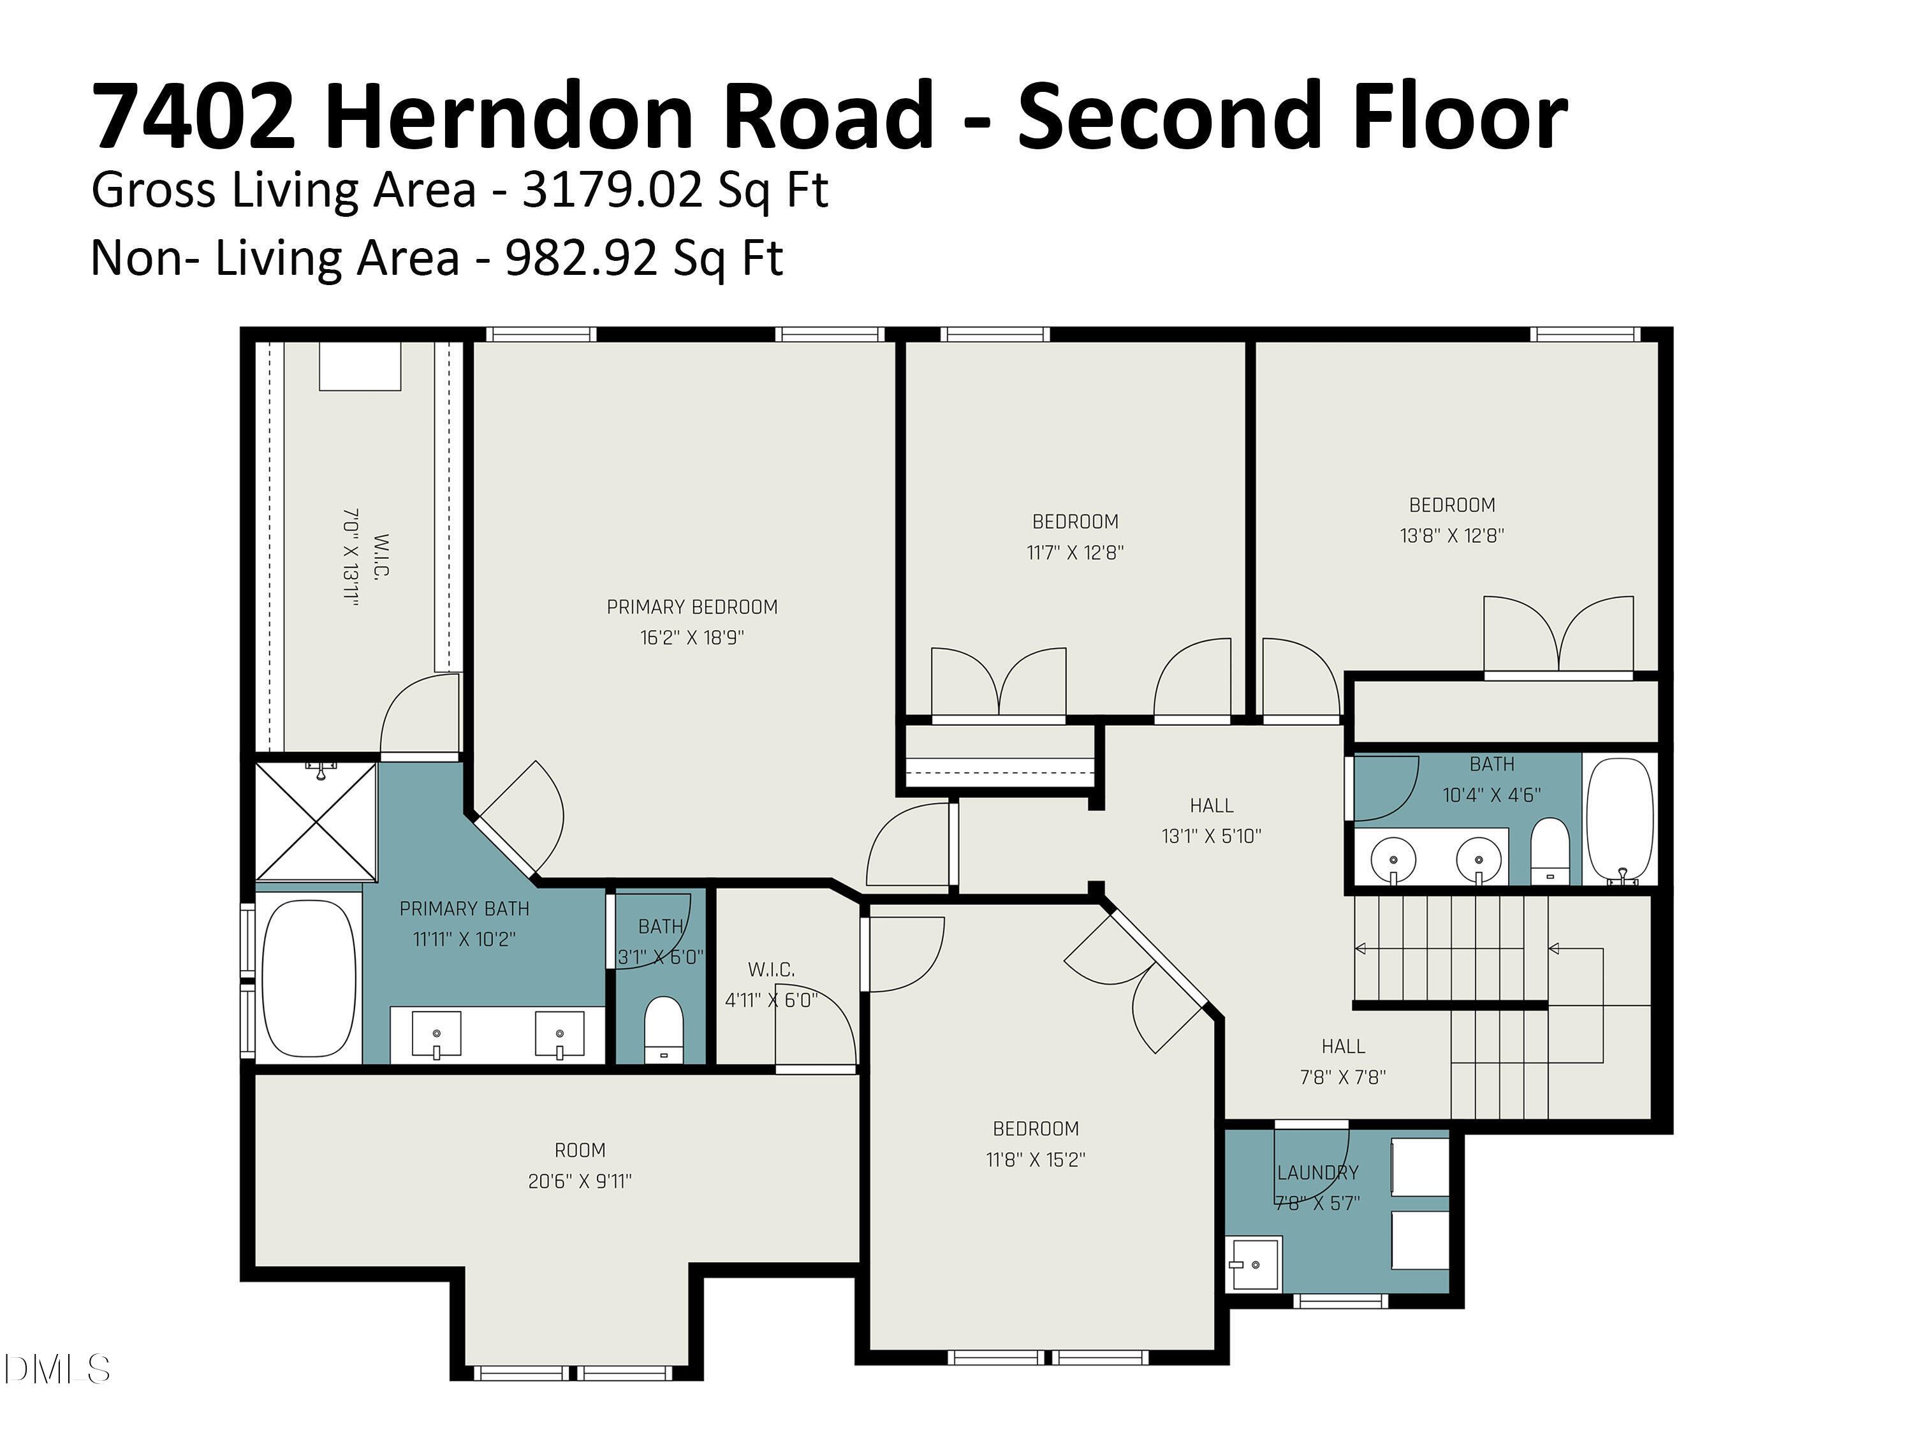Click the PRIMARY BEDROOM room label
(x=692, y=607)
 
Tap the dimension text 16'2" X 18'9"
(x=692, y=638)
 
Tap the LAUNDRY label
(x=1317, y=1173)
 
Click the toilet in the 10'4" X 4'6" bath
(x=1550, y=851)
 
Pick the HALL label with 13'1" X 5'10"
(x=1212, y=806)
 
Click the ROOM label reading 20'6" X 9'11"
(x=580, y=1151)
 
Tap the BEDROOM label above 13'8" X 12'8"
(x=1452, y=505)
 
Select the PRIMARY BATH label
(x=464, y=909)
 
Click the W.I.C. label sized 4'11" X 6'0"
(x=770, y=969)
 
